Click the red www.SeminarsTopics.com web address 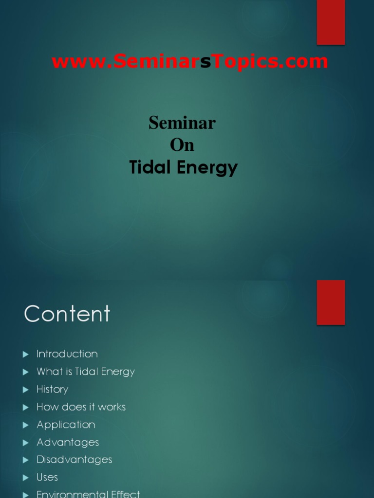pyautogui.click(x=190, y=62)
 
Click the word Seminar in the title pyautogui.click(x=182, y=123)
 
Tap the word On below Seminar pyautogui.click(x=182, y=145)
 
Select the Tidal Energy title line pyautogui.click(x=184, y=167)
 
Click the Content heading pyautogui.click(x=67, y=314)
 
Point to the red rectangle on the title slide pyautogui.click(x=331, y=22)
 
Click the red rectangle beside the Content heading pyautogui.click(x=331, y=302)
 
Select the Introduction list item pyautogui.click(x=67, y=354)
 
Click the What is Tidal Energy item pyautogui.click(x=86, y=372)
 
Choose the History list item pyautogui.click(x=53, y=389)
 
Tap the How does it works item pyautogui.click(x=81, y=407)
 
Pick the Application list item pyautogui.click(x=66, y=425)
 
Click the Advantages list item pyautogui.click(x=68, y=442)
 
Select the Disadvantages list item pyautogui.click(x=75, y=460)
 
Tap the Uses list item pyautogui.click(x=47, y=477)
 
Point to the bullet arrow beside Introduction pyautogui.click(x=26, y=355)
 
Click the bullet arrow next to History pyautogui.click(x=26, y=390)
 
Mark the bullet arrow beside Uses pyautogui.click(x=26, y=478)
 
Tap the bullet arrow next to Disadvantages pyautogui.click(x=26, y=460)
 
